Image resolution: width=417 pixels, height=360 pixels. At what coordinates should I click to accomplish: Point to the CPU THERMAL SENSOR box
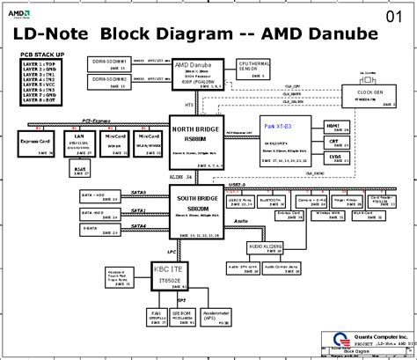255,71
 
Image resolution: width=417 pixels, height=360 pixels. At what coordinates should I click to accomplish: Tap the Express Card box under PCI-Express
36,143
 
